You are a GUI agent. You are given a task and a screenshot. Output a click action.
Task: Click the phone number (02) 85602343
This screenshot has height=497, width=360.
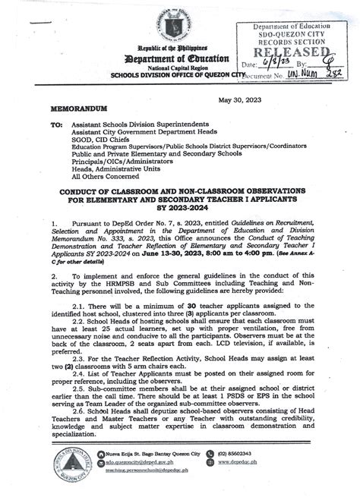(271, 465)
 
